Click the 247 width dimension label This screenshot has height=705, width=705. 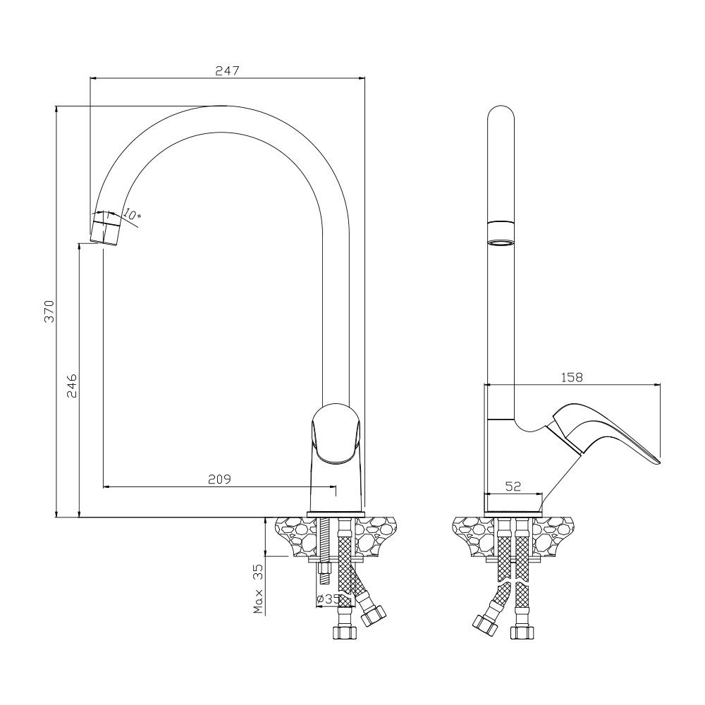pos(227,70)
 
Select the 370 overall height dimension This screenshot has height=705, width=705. pos(49,311)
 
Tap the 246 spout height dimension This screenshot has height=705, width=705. pos(72,386)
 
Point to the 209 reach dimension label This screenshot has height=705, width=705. pos(219,479)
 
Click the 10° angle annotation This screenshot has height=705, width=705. pos(132,215)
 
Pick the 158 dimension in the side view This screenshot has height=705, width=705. pos(572,377)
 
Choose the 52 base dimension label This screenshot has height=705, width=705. pos(513,486)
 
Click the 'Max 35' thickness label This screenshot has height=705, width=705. pos(258,589)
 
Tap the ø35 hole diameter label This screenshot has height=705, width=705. pos(328,599)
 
